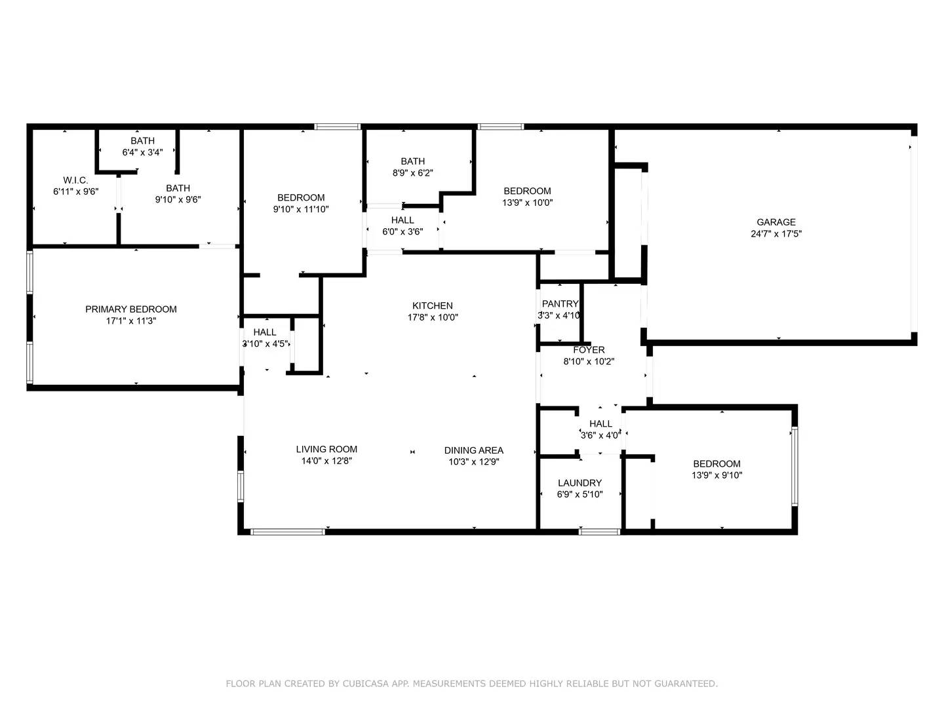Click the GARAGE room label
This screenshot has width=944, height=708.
[x=776, y=222]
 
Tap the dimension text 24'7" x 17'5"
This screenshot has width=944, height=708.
[x=776, y=234]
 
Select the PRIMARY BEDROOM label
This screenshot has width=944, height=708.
[x=131, y=309]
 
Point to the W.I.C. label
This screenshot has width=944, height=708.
[x=75, y=180]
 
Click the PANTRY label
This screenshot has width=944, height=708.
[x=560, y=304]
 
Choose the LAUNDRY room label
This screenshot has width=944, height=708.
[x=580, y=483]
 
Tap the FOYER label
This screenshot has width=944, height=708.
[x=589, y=350]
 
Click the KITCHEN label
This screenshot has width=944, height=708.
[x=433, y=305]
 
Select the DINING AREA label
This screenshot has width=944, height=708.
[x=474, y=450]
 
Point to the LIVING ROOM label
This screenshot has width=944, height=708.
[x=326, y=450]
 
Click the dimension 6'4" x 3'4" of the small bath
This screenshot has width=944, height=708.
[x=142, y=153]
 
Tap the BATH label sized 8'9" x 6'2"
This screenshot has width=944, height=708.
[x=413, y=161]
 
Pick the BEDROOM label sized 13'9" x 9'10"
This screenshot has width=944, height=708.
[x=717, y=464]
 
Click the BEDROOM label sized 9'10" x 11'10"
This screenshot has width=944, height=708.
[x=301, y=198]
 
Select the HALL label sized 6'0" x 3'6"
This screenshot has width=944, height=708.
[x=403, y=220]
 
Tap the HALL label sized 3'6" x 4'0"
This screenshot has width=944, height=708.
[x=600, y=424]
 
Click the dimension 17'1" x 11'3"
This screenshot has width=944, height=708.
[x=131, y=321]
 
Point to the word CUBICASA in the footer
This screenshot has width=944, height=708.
[x=367, y=684]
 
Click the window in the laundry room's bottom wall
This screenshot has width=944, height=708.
[x=599, y=532]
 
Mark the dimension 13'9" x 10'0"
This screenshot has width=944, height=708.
[x=528, y=203]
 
